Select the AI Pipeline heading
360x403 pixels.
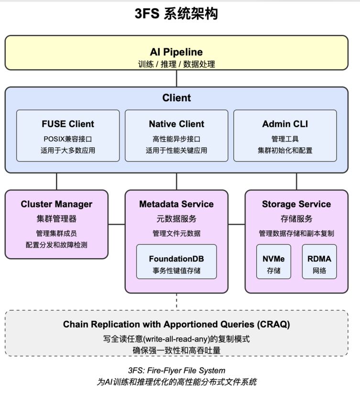coord(176,52)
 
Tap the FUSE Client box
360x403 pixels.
coord(68,136)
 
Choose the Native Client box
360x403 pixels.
coord(176,136)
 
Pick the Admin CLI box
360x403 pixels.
coord(285,136)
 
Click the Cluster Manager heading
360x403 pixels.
coord(56,204)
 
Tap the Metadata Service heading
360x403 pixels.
coord(176,204)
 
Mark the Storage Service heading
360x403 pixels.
coord(296,204)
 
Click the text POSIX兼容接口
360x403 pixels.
coord(68,140)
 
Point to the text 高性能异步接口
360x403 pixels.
coord(176,140)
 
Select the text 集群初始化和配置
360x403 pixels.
coord(285,151)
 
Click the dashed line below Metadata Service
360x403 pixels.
coord(176,302)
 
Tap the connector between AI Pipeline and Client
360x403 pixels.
coord(176,78)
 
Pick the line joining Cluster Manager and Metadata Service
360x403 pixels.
coord(117,224)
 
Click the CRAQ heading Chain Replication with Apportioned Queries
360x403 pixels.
coord(176,324)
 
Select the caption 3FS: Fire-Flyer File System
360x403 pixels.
coord(176,370)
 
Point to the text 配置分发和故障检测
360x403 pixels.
coord(56,245)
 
